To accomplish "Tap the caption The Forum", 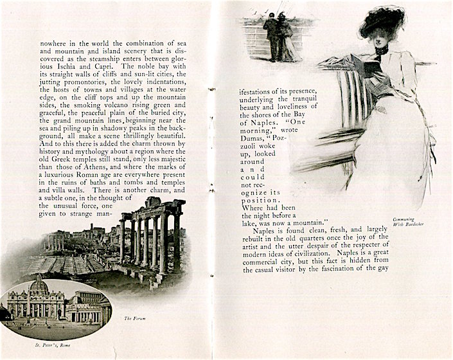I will click(x=134, y=318).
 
